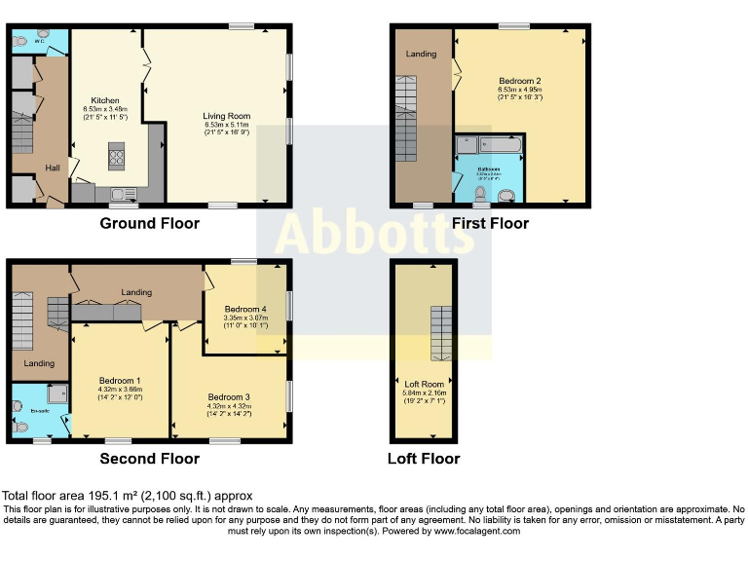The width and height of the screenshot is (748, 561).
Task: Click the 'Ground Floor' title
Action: click(x=149, y=223)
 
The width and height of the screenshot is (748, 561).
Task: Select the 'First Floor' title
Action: click(x=490, y=223)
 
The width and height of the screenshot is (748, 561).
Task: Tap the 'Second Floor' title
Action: click(x=149, y=458)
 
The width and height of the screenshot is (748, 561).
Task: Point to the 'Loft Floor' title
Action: click(x=423, y=458)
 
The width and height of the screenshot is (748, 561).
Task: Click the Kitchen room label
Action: click(x=105, y=100)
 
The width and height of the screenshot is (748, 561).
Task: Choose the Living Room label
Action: click(x=226, y=116)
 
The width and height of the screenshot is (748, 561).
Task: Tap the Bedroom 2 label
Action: click(x=519, y=80)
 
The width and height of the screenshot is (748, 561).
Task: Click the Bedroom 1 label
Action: click(x=118, y=380)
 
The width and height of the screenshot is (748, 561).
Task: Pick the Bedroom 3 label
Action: click(x=228, y=396)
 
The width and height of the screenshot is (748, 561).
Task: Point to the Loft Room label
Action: click(x=423, y=384)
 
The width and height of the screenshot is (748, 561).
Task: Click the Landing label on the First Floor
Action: click(x=421, y=54)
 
